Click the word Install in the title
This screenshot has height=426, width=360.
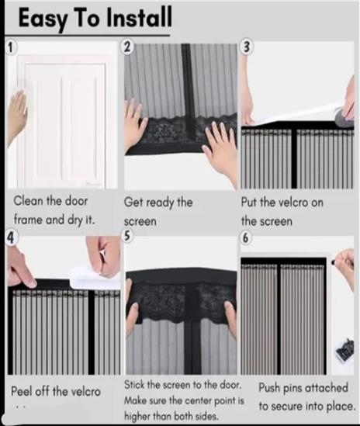tap(139, 17)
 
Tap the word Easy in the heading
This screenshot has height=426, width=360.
tap(43, 19)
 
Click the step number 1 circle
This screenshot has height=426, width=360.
tap(10, 48)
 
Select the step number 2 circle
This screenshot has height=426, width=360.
tap(126, 47)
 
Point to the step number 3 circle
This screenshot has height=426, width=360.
tap(246, 47)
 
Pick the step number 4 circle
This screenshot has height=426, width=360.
tap(10, 237)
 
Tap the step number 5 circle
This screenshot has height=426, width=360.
tap(127, 236)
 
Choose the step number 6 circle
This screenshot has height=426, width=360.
tap(245, 237)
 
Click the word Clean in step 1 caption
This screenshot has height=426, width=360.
tap(28, 201)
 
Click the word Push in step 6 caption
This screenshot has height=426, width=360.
tap(269, 389)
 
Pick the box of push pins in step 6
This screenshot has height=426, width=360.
tap(344, 351)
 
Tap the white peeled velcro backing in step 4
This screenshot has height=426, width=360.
tap(93, 278)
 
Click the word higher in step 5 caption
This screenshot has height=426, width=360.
tap(137, 416)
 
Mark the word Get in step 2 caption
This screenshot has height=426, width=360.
tap(133, 203)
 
